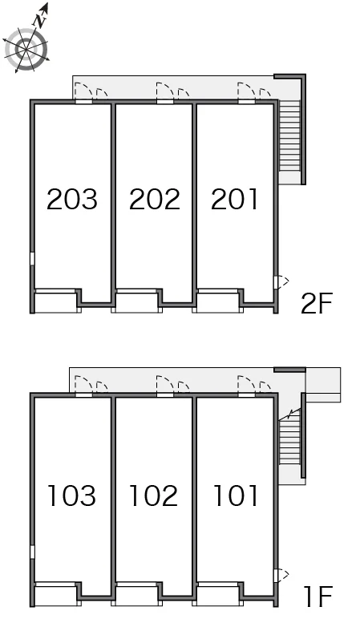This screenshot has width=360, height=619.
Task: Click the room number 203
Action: [72, 199]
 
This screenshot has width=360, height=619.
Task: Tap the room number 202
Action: [154, 199]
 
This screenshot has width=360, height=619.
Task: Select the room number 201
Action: [234, 199]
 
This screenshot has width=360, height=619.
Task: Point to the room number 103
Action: [71, 496]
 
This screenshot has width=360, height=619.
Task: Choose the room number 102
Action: [154, 496]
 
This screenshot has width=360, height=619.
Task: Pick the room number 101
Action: [235, 496]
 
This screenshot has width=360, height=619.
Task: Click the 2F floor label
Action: [316, 303]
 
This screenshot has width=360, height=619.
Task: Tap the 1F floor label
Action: [318, 596]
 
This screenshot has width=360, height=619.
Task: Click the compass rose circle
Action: [26, 50]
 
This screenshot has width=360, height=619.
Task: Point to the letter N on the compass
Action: [40, 21]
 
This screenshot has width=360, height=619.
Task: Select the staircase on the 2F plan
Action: [289, 136]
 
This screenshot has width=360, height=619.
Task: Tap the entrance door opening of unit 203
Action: [83, 102]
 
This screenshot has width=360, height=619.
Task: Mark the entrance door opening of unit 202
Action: [165, 102]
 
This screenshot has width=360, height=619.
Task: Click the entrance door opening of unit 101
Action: [246, 394]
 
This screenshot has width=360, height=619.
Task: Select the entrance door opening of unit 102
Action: [165, 394]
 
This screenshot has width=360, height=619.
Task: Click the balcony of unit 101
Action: [218, 596]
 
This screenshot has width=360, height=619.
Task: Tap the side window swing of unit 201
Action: [281, 282]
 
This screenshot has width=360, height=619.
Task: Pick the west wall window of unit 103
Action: [32, 552]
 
